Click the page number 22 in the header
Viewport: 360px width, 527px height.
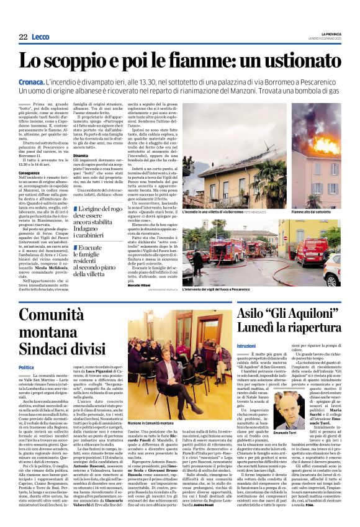[x=23, y=37]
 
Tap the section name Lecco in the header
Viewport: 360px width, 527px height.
[x=41, y=37]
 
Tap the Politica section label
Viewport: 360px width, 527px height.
[x=27, y=367]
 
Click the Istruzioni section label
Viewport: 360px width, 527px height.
[x=246, y=346]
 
